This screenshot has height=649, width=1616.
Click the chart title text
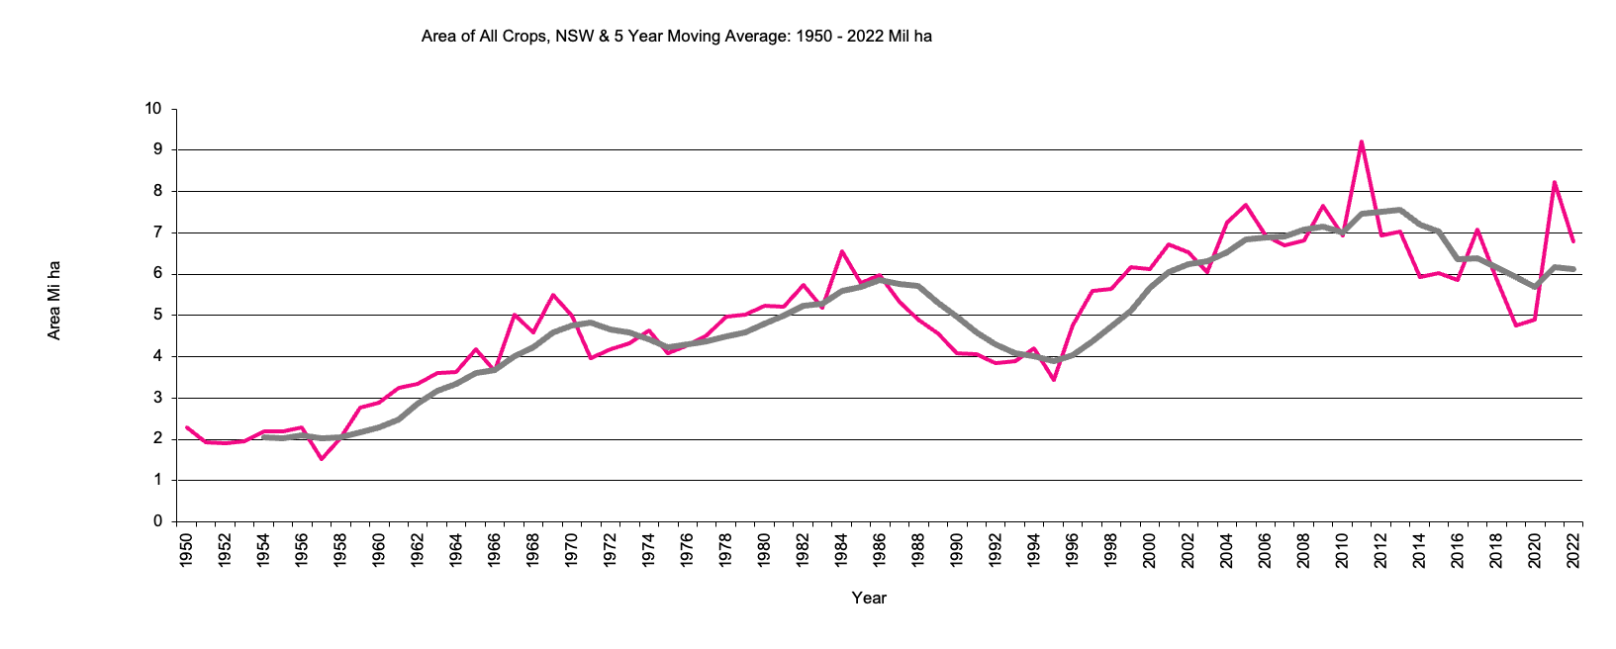coord(676,37)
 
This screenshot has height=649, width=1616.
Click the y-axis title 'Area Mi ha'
coord(54,301)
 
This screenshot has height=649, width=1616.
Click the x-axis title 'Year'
coord(869,598)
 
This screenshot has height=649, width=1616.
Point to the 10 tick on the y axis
coord(153,109)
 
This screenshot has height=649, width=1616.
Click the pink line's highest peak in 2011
coord(1362,141)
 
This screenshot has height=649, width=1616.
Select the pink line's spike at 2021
coord(1555,182)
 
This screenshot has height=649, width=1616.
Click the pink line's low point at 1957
coord(322,459)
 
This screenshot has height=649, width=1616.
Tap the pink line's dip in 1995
coord(1054,380)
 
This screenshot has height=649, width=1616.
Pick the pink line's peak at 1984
coord(842,251)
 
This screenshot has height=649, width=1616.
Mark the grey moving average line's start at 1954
coord(264,436)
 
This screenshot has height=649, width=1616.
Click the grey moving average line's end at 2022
coord(1573,269)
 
